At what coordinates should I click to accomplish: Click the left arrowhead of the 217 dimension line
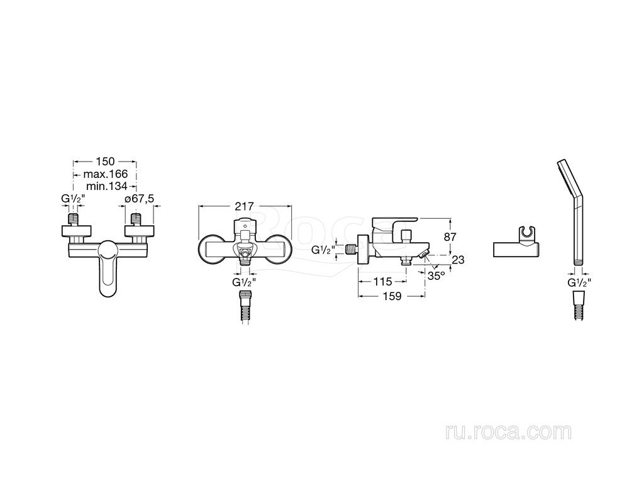201,206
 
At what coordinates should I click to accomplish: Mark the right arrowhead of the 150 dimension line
134,162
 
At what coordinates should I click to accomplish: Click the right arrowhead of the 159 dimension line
423,296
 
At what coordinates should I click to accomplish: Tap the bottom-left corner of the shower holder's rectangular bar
493,257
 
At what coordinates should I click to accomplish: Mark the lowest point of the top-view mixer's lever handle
108,296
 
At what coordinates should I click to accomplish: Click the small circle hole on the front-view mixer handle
245,226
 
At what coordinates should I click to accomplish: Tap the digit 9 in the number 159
397,296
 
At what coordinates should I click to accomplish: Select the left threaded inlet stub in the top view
74,219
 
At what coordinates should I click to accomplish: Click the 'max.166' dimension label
106,174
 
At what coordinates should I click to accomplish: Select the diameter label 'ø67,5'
139,199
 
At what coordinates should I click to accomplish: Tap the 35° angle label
436,275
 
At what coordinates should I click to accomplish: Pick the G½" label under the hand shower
579,282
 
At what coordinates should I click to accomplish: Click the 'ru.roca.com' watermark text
508,432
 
